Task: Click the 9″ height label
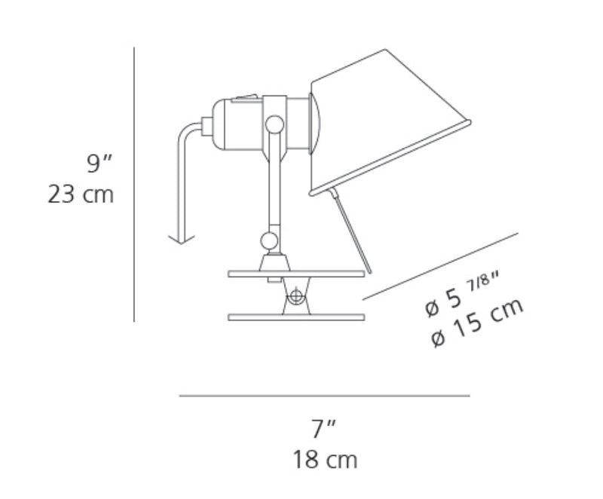point(99,164)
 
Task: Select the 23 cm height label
point(81,194)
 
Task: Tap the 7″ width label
point(324,429)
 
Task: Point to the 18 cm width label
point(326,459)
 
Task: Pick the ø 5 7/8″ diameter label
point(463,296)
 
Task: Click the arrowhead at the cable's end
point(182,239)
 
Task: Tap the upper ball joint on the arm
point(274,124)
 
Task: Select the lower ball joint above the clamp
point(269,240)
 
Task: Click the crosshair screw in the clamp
point(295,296)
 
